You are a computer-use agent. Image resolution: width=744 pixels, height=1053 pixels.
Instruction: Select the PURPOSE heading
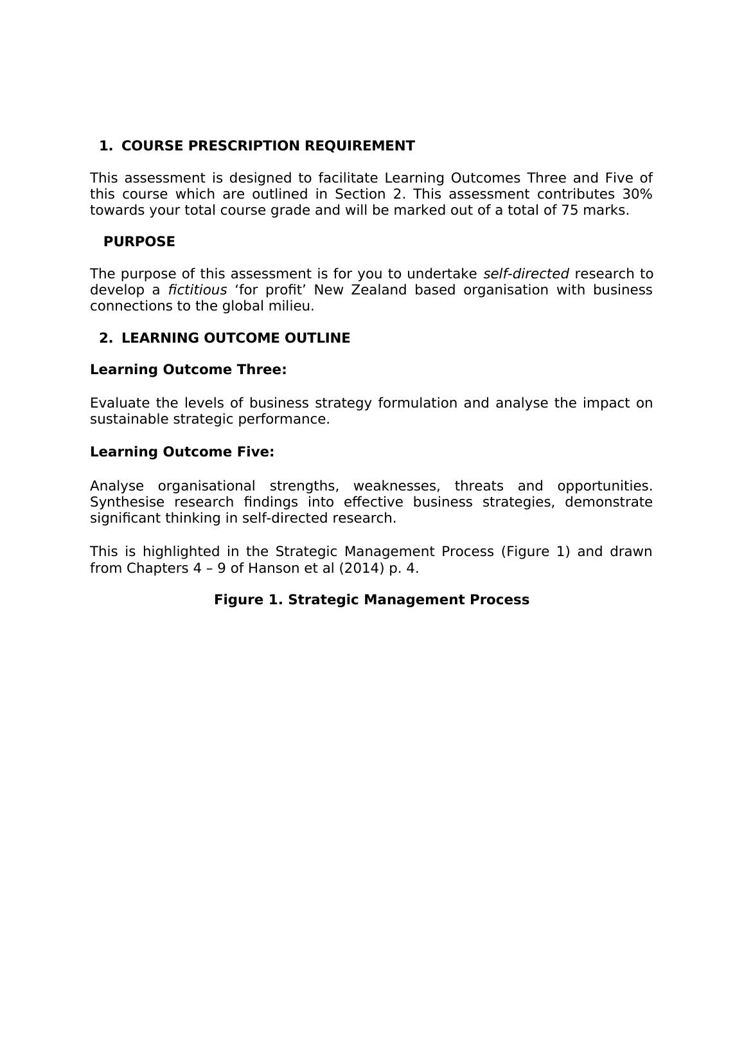(139, 242)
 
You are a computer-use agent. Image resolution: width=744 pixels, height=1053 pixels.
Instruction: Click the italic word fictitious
(197, 290)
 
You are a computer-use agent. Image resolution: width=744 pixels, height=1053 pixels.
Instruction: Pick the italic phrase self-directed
(526, 274)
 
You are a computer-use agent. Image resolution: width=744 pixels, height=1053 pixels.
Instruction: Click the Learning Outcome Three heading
(188, 370)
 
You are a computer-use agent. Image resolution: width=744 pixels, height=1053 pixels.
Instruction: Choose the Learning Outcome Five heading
(182, 452)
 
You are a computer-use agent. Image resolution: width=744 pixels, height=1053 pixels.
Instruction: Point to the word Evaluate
(120, 403)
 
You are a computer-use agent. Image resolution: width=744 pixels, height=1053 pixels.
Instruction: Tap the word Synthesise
(127, 502)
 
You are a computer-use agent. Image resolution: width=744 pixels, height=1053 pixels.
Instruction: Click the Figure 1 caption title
(371, 600)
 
